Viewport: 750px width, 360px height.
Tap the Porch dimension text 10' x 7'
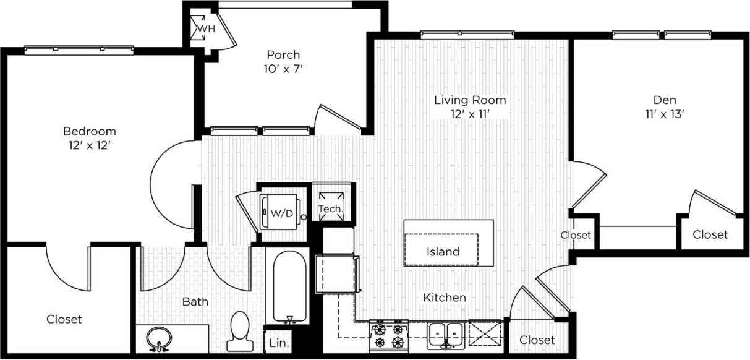pos(283,69)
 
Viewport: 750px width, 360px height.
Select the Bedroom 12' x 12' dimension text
pos(90,146)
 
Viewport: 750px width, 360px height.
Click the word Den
pos(665,100)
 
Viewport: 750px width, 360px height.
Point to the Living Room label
pos(470,100)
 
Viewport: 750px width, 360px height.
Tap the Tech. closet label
pos(331,209)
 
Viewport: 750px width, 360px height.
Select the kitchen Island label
pos(443,252)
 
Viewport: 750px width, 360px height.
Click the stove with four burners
pos(389,335)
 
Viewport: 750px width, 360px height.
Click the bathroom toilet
pos(239,332)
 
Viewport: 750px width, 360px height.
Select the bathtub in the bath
pos(289,286)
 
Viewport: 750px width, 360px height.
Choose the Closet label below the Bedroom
pos(64,319)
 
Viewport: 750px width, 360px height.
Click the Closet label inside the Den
pos(710,234)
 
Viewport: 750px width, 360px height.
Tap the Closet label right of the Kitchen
pos(537,340)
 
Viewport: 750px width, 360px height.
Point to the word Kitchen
pos(444,298)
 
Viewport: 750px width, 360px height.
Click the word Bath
pos(195,302)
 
